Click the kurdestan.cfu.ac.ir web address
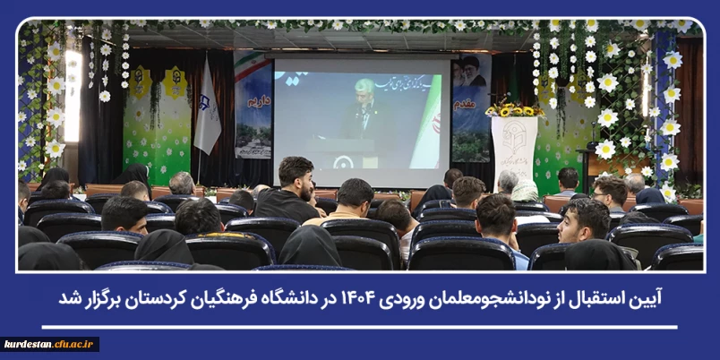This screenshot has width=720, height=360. pos(50,344)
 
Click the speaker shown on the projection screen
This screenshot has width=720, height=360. pos(364,112)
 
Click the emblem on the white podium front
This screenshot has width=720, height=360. pos(514,141)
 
